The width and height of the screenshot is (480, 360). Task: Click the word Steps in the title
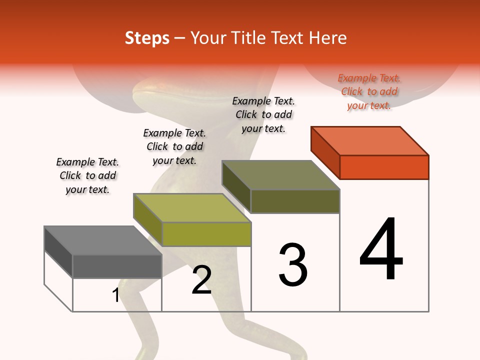tap(147, 38)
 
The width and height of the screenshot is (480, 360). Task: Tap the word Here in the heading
tap(328, 38)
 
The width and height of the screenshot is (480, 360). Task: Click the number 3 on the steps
tap(292, 265)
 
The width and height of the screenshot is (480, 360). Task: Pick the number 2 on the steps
tap(201, 280)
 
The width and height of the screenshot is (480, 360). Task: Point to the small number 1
tap(116, 295)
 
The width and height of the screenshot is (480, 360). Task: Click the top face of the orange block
tap(370, 141)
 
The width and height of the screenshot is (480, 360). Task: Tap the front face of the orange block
tap(384, 167)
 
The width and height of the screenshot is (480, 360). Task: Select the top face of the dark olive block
tap(280, 175)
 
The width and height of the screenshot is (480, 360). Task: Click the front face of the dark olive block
tap(295, 201)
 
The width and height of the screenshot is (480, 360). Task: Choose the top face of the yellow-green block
tap(192, 208)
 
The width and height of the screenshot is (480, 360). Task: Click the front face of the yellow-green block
tap(206, 234)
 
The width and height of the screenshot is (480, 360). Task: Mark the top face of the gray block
tap(103, 240)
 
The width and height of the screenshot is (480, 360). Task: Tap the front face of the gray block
tap(117, 266)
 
